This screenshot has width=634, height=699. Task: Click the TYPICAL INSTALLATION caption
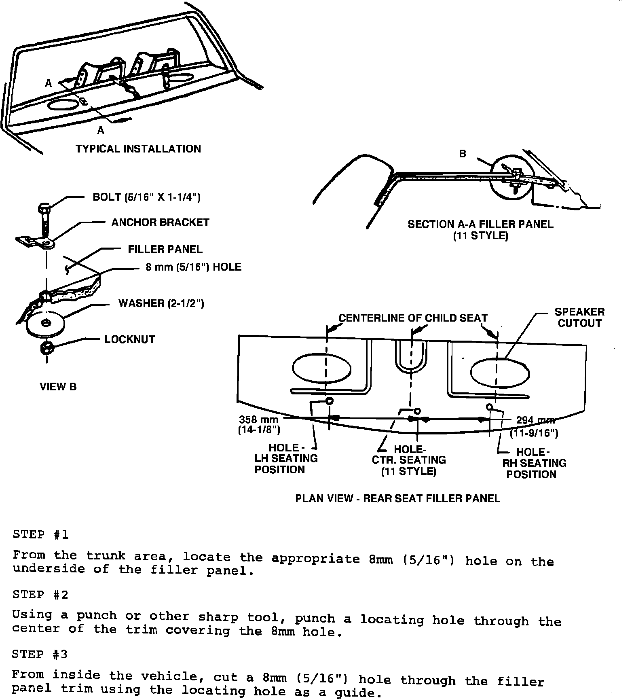click(x=138, y=149)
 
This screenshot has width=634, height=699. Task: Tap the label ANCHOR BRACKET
click(x=160, y=222)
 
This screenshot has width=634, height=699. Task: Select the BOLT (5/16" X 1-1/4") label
click(x=146, y=197)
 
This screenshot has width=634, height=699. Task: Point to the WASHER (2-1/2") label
click(x=161, y=303)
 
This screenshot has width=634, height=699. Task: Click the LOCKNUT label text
click(x=129, y=339)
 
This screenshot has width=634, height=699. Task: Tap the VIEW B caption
click(x=58, y=387)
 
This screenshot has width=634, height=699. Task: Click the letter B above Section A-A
click(x=463, y=154)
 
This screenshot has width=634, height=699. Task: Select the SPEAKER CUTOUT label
click(x=579, y=318)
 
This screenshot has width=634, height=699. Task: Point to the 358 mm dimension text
click(x=258, y=419)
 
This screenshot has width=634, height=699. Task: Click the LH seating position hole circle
click(x=329, y=401)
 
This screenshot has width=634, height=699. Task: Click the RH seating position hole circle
click(x=490, y=407)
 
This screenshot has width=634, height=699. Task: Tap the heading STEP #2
click(x=40, y=595)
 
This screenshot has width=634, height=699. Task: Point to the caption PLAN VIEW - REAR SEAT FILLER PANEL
click(x=397, y=498)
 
